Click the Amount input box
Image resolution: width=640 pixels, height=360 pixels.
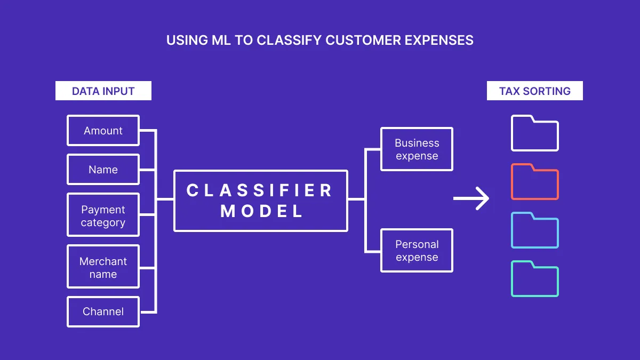coord(103,131)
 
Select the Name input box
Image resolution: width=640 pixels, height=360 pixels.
coord(103,170)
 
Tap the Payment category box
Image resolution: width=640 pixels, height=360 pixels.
coord(103,215)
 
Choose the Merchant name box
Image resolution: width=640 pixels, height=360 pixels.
coord(103,267)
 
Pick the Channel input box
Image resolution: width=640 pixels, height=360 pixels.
coord(103,311)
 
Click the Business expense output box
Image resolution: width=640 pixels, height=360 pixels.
coord(417,149)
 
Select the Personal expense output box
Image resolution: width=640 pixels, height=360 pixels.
coord(417,251)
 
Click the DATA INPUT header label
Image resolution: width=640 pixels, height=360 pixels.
coord(103,91)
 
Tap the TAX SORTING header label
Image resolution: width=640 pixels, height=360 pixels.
coord(535,91)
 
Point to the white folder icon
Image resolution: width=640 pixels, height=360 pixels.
coord(535,134)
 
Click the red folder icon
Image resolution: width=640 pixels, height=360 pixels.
coord(535,182)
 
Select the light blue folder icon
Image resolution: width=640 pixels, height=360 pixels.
coord(535,231)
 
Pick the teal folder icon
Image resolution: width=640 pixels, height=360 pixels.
coord(535,279)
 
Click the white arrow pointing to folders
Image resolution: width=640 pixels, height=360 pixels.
coord(471,198)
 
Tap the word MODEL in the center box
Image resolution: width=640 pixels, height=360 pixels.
coord(262,211)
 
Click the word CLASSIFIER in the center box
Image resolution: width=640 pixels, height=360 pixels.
coord(260,190)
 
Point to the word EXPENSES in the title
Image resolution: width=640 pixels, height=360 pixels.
coord(439,41)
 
